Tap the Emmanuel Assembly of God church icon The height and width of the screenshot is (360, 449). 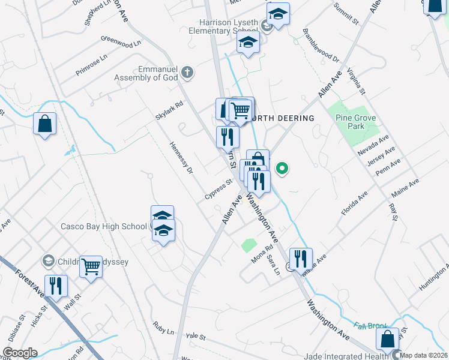(x=187, y=73)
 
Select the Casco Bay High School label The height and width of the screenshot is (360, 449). (x=104, y=226)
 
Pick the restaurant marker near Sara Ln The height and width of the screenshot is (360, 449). (x=301, y=258)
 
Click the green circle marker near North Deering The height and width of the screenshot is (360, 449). (x=282, y=169)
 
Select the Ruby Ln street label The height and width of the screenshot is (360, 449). (x=163, y=330)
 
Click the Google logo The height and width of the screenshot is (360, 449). (x=20, y=352)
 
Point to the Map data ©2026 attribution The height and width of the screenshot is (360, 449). (x=423, y=355)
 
